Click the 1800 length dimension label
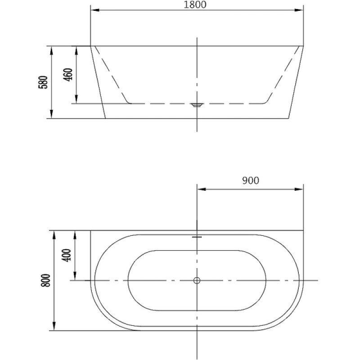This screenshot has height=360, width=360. point(195,4)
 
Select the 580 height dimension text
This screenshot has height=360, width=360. point(43,82)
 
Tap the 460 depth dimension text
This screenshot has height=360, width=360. point(68,75)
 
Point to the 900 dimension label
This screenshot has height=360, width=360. point(251,180)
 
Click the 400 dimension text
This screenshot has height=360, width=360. point(67,255)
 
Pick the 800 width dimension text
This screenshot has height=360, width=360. point(45,280)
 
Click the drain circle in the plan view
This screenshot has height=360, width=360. point(197,280)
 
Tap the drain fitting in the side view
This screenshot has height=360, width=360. point(197,105)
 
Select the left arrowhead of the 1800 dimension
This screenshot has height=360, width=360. point(95,10)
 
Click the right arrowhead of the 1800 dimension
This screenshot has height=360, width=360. point(299,10)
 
